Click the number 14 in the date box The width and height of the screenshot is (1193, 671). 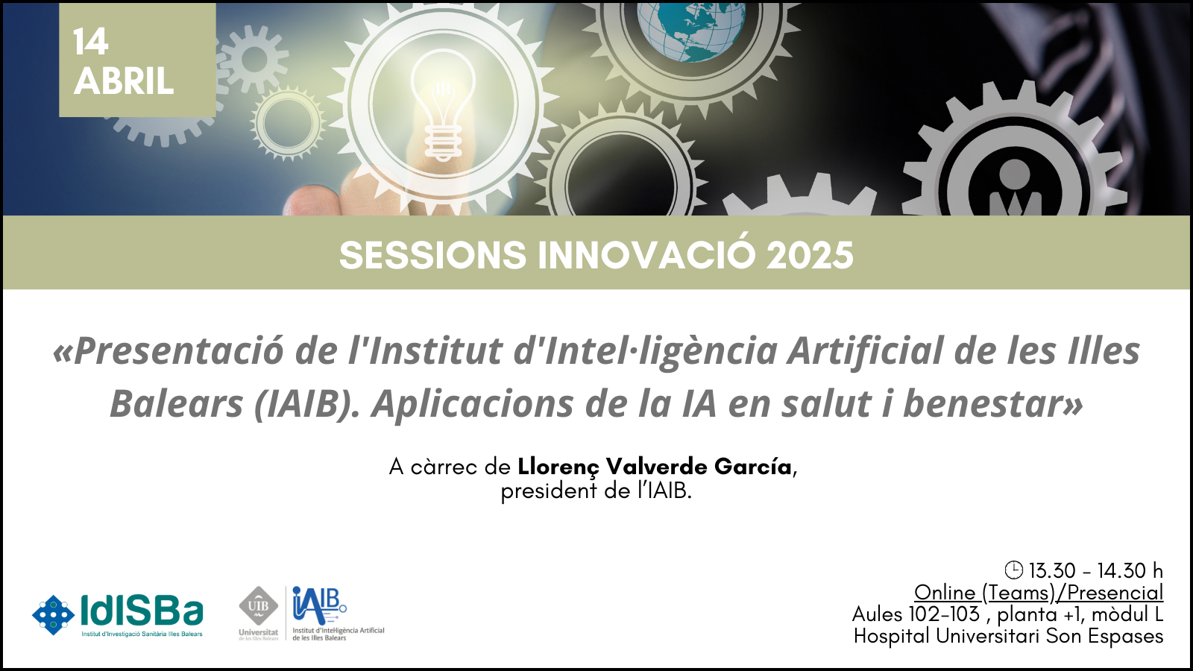(x=91, y=42)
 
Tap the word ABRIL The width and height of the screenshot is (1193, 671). (x=124, y=81)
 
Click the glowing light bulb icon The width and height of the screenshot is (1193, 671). (x=443, y=105)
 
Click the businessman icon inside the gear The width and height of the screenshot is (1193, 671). (x=1015, y=189)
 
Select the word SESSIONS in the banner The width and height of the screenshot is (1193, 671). (x=432, y=256)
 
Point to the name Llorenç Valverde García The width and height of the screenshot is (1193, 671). (x=655, y=467)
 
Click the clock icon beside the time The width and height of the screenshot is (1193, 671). (x=1013, y=570)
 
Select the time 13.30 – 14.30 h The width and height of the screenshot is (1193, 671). (x=1095, y=570)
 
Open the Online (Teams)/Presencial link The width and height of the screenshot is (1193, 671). (x=1039, y=593)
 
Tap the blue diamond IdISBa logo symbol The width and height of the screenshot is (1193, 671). (x=53, y=615)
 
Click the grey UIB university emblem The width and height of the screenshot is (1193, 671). (x=258, y=606)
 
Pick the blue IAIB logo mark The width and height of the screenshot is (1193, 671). (x=318, y=605)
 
